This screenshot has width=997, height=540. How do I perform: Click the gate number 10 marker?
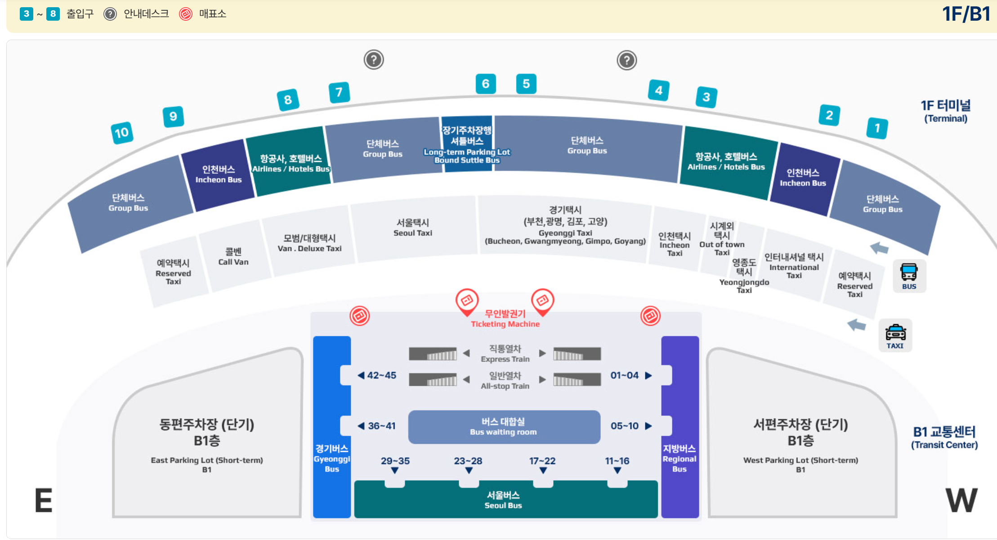(x=122, y=133)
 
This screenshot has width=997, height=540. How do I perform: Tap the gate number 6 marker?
(x=486, y=84)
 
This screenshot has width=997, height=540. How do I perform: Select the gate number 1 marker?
(x=877, y=128)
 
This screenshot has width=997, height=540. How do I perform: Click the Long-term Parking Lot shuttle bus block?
(x=467, y=144)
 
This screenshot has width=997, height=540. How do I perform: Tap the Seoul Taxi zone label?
(x=412, y=228)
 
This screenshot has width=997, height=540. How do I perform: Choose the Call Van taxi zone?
(x=233, y=256)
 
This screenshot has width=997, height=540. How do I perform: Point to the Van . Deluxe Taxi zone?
(x=309, y=243)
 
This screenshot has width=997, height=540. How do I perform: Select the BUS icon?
(x=909, y=276)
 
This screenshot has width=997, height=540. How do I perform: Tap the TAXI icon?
(x=895, y=336)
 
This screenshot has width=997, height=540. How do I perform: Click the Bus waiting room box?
(x=504, y=427)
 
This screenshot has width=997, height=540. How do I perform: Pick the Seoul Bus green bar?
(x=504, y=500)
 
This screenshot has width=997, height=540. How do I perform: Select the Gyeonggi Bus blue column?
(x=332, y=427)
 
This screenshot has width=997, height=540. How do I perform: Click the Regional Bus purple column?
(x=680, y=427)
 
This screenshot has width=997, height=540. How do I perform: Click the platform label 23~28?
(x=468, y=461)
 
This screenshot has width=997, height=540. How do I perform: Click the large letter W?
(x=961, y=500)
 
